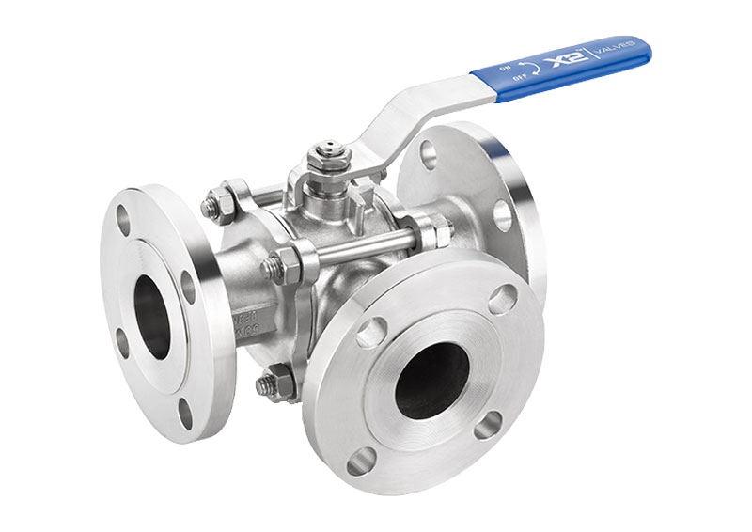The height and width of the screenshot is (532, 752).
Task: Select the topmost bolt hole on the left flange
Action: pyautogui.click(x=123, y=219)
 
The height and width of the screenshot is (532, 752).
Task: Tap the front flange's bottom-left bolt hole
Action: pyautogui.click(x=361, y=462)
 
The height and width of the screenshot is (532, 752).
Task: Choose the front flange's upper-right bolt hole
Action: pyautogui.click(x=502, y=299)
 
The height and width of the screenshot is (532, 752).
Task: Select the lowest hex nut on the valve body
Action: pyautogui.click(x=274, y=383)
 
